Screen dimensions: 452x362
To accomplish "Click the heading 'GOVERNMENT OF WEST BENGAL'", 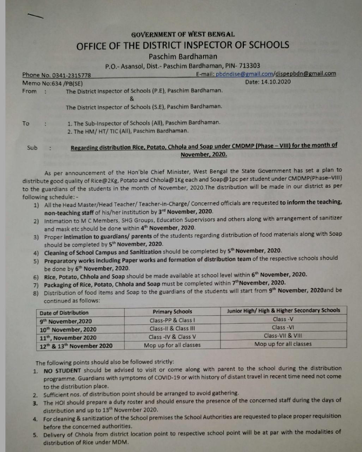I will pos(183,35).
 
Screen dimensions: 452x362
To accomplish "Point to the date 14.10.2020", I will pos(276,82).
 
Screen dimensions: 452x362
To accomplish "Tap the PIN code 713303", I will pos(249,65).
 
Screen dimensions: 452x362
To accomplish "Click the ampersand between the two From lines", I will pos(132,99).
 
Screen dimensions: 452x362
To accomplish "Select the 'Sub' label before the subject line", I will pos(32,148).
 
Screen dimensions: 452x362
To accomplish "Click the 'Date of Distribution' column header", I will pos(64,313).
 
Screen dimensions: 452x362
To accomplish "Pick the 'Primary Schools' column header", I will pos(172,311).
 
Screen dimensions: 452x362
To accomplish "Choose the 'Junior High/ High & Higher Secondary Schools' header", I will pos(283,310).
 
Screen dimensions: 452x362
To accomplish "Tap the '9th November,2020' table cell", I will pos(66,321).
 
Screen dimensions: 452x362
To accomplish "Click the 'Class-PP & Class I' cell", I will pos(172,320).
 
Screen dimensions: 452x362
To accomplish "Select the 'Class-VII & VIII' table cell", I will pos(283,336).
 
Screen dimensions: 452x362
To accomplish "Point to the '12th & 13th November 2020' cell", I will pos(76,346).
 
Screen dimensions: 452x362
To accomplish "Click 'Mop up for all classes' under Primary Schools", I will pos(172,345).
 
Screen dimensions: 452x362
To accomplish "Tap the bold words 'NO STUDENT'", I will pos(62,370).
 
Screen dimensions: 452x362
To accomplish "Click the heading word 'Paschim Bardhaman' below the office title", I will pos(183,56).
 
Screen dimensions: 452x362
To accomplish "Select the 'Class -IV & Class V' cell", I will pos(172,337).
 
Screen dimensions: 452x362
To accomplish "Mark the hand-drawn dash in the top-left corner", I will pos(35,16).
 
